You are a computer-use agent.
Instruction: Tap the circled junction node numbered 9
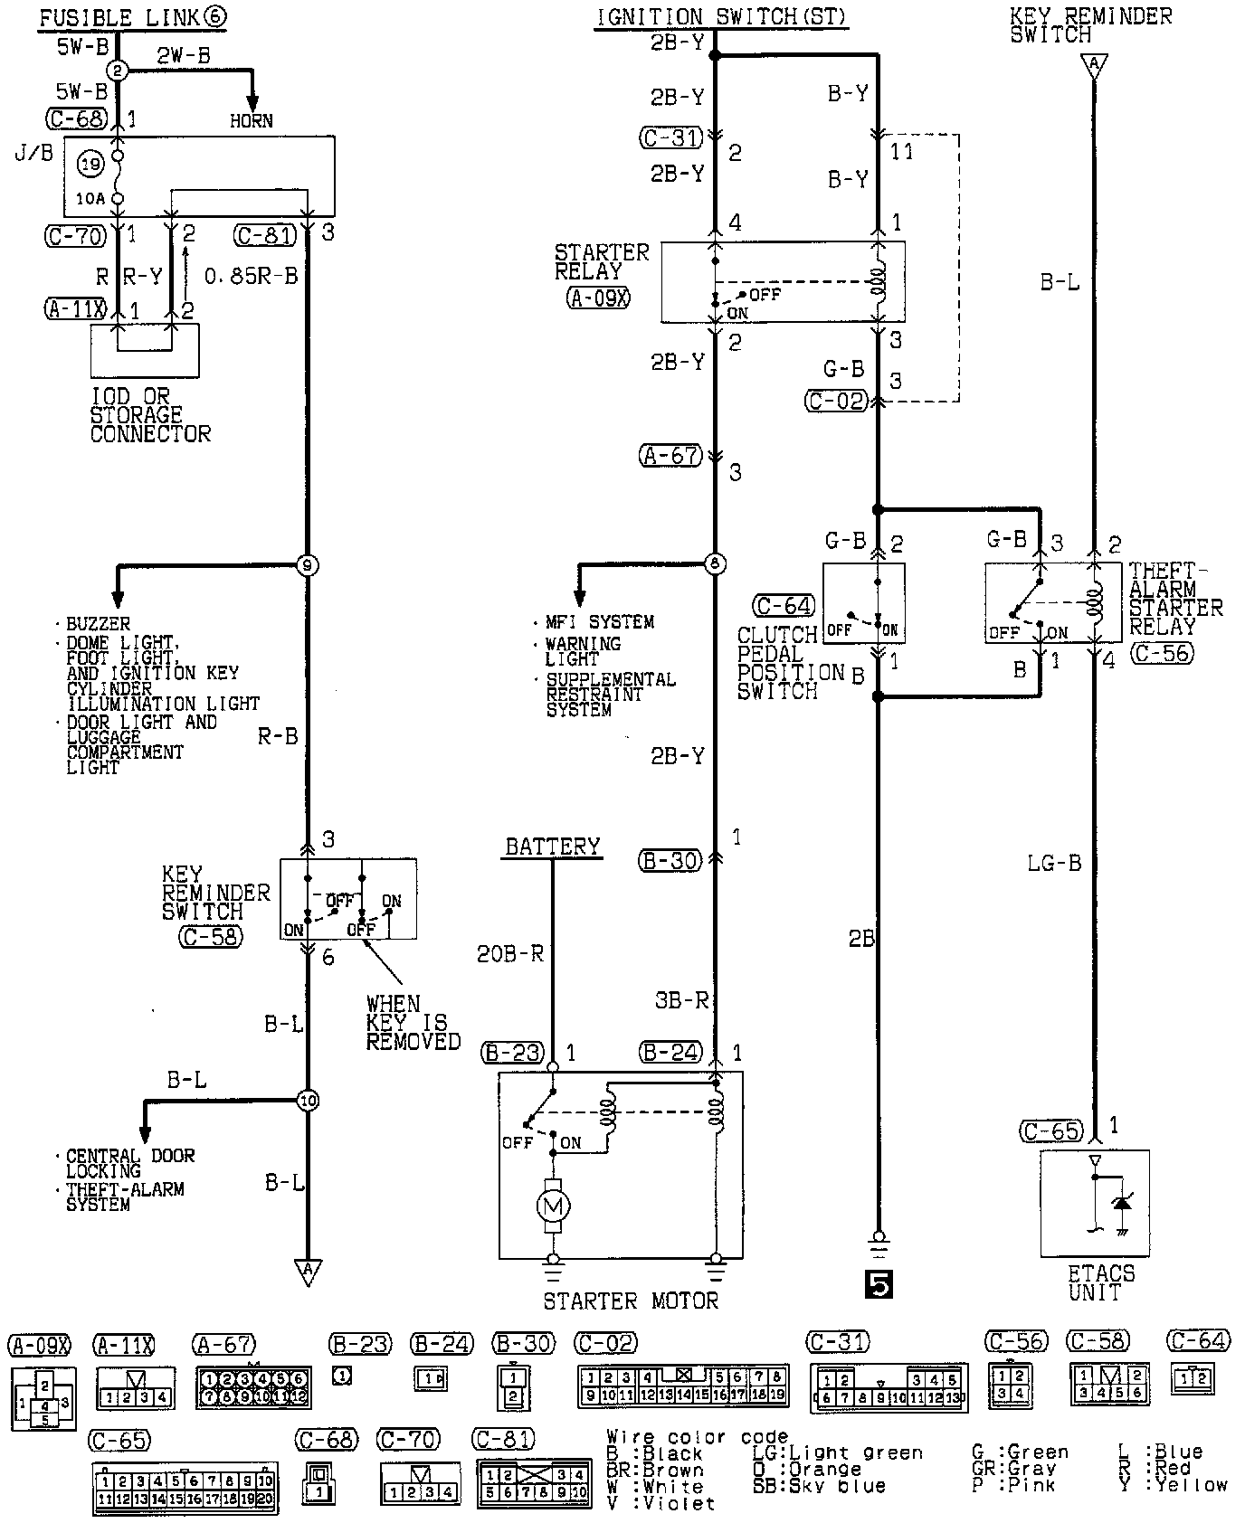click(308, 566)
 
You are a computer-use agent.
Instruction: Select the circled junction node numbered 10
click(308, 1101)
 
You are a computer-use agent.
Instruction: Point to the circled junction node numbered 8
click(716, 564)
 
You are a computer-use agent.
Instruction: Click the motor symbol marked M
click(553, 1205)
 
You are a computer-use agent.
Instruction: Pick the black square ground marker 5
click(878, 1283)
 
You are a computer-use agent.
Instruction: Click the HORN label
click(251, 120)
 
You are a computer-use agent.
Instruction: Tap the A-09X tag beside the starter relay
click(598, 298)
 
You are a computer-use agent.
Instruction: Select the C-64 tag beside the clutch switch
click(784, 606)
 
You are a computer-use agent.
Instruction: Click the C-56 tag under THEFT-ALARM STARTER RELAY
click(1163, 652)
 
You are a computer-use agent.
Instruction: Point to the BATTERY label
click(552, 847)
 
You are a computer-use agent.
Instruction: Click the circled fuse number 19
click(91, 164)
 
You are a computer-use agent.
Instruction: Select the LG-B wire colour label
click(1054, 863)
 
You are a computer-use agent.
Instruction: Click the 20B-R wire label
click(510, 953)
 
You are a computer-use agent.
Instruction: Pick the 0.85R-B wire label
click(251, 276)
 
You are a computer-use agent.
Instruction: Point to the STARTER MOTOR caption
click(631, 1301)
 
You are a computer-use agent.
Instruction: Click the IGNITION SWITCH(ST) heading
click(721, 16)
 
